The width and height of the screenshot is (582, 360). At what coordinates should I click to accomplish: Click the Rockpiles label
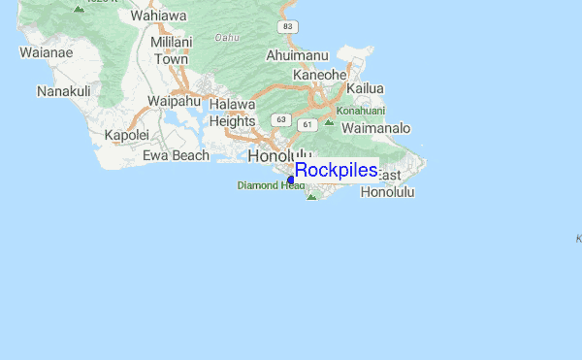pos(336,171)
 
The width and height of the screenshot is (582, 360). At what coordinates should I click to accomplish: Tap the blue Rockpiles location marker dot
pos(291,180)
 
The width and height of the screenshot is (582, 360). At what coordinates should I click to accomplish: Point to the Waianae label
pos(46,52)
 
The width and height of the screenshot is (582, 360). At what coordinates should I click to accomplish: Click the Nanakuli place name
pos(64,91)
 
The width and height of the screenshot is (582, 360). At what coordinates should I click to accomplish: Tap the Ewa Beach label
pos(176,155)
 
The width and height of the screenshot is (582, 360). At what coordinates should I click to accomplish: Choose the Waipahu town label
pos(173,101)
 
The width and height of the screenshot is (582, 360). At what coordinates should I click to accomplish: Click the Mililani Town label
pos(172,50)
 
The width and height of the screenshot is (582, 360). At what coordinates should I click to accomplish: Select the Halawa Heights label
pos(232,113)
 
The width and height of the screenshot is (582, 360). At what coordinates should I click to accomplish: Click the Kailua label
pos(365,88)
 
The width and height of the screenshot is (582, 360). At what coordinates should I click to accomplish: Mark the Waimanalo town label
pos(376,128)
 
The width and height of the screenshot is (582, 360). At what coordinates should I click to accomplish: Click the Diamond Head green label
pos(271,185)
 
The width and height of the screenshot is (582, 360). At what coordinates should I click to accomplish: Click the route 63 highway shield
pos(280,119)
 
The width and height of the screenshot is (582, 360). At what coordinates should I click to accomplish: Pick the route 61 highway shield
pos(307,124)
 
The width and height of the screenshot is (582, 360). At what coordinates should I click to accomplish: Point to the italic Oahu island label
pos(226,38)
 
